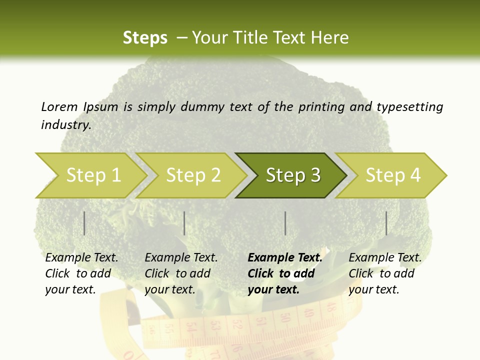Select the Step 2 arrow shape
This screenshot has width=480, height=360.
192,175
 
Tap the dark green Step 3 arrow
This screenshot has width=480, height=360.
292,175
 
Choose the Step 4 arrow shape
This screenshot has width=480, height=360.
392,175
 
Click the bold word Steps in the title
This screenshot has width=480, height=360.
145,37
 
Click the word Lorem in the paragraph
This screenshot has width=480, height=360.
59,106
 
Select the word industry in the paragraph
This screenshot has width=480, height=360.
65,124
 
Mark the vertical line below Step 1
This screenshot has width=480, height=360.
84,223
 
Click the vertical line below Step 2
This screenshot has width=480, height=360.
184,223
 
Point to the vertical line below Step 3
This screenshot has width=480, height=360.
285,223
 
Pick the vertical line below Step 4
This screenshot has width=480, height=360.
386,223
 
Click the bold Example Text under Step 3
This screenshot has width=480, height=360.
285,257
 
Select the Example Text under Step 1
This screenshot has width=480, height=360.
81,257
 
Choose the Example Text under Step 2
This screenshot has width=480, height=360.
181,257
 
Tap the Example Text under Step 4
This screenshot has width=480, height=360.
385,257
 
